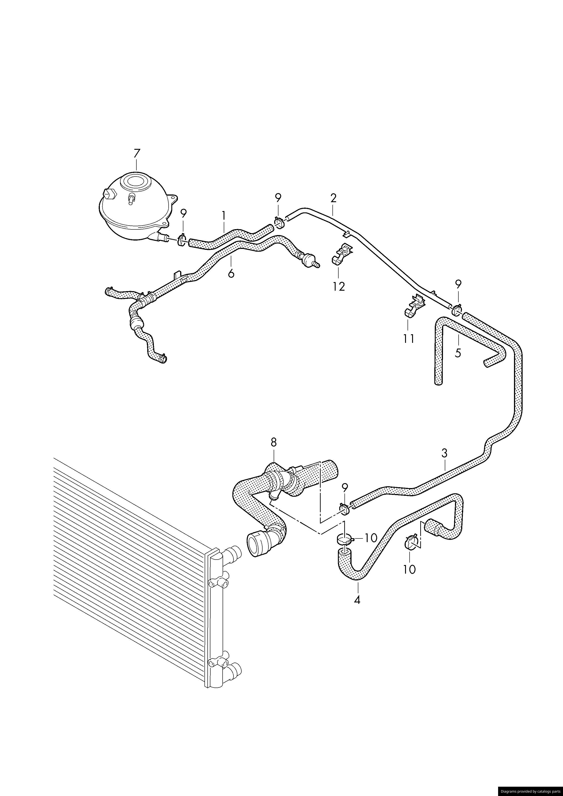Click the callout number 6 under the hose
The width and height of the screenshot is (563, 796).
coord(231,273)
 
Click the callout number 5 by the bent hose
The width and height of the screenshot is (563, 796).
coord(458,353)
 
